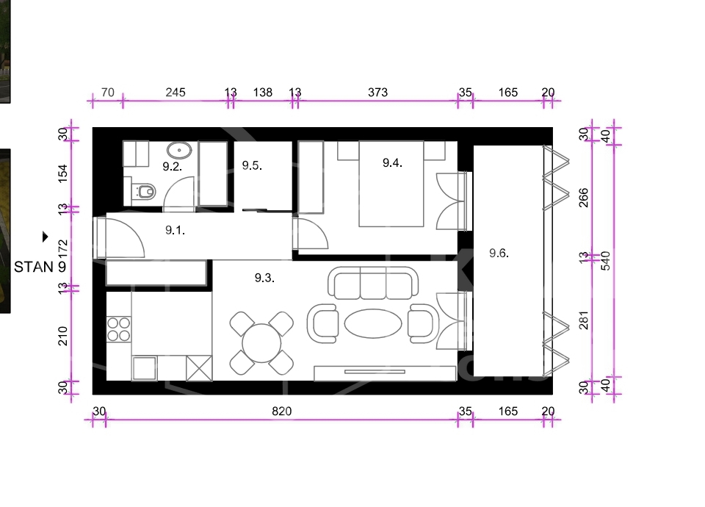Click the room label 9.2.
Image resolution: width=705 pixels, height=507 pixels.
tap(172, 167)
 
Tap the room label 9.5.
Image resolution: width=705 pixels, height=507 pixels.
tap(252, 165)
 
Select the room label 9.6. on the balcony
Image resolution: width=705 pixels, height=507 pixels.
tap(499, 253)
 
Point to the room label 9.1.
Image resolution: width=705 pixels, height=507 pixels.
tap(175, 230)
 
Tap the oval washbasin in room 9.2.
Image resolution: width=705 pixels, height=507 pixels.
tap(179, 150)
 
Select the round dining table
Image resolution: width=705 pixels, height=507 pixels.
tap(261, 343)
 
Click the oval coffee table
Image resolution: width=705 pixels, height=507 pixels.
tap(373, 323)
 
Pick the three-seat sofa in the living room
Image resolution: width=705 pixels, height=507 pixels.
tap(373, 283)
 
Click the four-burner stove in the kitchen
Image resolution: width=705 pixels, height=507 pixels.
tap(119, 329)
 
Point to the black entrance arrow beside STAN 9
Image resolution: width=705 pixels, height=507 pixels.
tap(45, 237)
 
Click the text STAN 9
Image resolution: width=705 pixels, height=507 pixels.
tap(40, 267)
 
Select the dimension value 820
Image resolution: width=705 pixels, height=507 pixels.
tap(282, 411)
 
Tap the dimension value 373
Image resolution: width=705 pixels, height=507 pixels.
tap(377, 93)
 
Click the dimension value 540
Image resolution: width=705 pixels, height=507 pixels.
tap(606, 261)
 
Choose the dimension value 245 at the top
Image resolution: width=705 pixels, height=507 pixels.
tap(176, 93)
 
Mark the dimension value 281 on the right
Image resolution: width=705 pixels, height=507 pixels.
tap(583, 320)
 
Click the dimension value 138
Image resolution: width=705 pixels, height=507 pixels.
tap(263, 93)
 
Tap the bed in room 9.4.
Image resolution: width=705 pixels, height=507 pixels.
tap(391, 184)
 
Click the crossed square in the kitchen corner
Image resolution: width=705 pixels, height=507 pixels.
tap(199, 368)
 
